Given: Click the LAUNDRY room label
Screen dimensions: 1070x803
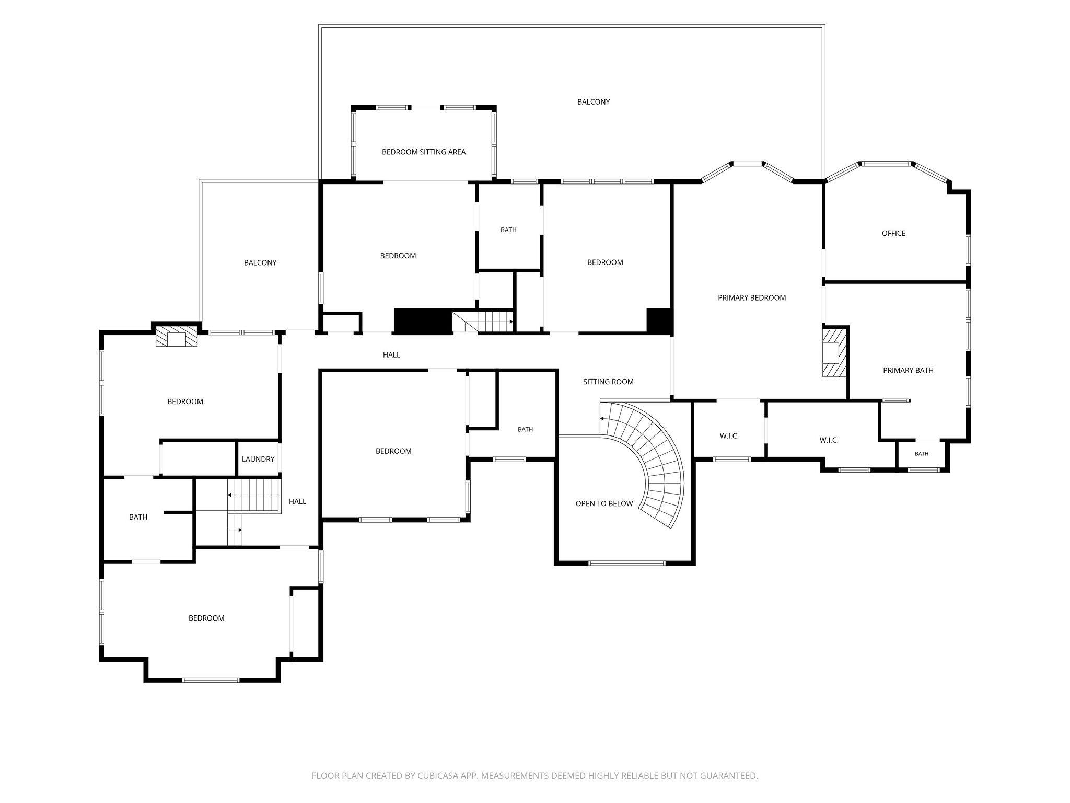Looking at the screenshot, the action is (258, 459).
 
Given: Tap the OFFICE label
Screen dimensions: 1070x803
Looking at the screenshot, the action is (893, 233).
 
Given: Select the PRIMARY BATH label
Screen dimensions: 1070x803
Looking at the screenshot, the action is (908, 370).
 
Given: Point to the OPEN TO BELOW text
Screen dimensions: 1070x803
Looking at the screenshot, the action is (604, 503).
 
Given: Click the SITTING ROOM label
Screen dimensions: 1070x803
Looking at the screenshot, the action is (608, 382).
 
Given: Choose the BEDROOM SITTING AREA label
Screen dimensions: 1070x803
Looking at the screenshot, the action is (424, 152).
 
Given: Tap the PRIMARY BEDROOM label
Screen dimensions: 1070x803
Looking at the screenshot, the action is (752, 298).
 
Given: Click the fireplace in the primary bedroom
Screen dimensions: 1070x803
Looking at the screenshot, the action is (834, 351).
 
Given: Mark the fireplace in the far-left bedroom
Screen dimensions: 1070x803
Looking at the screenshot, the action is (177, 336).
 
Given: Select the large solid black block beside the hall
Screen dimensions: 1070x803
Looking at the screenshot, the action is (423, 321).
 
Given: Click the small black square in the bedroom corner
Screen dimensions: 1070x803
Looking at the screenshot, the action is (659, 320).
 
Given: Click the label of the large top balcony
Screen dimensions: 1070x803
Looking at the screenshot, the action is (594, 102).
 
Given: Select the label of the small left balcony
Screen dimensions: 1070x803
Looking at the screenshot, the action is (260, 263).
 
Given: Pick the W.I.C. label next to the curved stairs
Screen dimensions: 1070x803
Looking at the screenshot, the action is (729, 436).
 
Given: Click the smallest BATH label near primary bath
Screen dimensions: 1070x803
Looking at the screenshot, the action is (922, 454).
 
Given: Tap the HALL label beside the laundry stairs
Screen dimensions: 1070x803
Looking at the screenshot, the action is (297, 502).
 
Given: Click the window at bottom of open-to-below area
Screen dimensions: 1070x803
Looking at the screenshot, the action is (627, 563).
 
